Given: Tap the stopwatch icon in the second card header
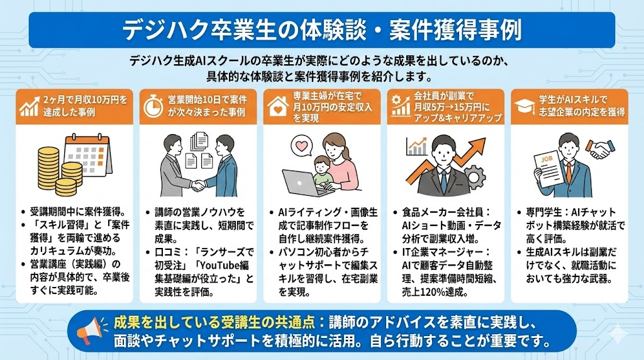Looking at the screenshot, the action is coord(153,106).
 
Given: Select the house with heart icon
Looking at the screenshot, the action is coord(278,106).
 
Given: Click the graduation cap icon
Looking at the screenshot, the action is coord(525,106).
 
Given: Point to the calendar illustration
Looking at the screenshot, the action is coord(88,154).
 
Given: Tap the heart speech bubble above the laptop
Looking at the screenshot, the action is coord(301,146).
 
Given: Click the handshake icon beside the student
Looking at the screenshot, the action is coord(600,149).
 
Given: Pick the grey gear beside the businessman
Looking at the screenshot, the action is coord(475,176).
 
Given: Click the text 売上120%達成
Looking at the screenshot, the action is coord(435,292).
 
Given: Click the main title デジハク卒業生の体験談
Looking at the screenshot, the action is coord(245,30).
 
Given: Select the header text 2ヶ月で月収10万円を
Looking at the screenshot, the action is coord(86,99).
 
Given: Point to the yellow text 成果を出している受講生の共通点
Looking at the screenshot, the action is coord(214,323).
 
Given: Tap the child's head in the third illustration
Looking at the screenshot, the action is coord(322,164).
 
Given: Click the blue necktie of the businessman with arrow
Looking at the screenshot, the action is coord(443,181).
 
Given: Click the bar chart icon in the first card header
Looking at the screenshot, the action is coord(29,106).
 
